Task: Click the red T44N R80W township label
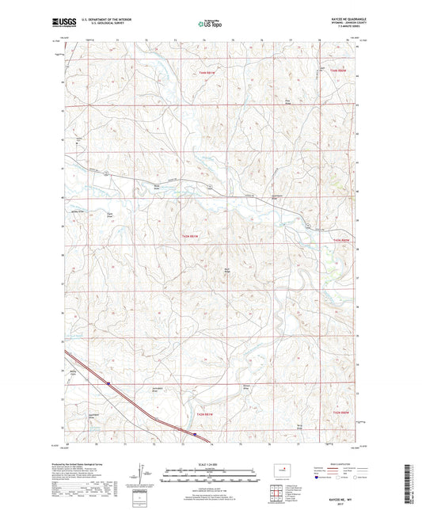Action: (338, 71)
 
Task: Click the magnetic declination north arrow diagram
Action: (143, 478)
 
